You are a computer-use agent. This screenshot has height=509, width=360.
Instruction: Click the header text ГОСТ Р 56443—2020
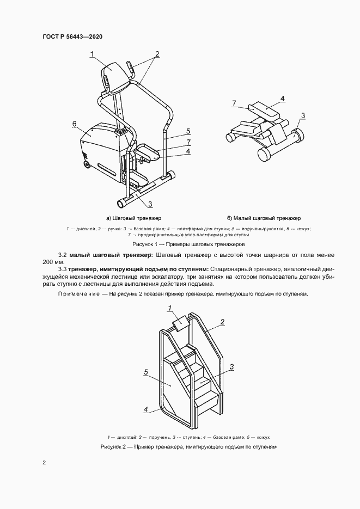point(72,36)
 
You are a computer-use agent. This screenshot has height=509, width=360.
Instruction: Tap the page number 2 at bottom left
point(44,463)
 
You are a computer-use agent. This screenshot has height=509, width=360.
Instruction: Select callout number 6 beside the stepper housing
point(74,124)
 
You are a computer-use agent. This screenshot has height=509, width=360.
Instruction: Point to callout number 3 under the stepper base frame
point(150,204)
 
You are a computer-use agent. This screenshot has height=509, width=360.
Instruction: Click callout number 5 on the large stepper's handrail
point(188,131)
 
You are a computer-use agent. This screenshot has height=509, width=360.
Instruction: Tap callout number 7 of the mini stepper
point(234,103)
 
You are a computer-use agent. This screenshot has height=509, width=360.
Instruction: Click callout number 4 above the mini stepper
point(283,99)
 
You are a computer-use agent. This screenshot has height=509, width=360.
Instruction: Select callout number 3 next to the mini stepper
point(303,115)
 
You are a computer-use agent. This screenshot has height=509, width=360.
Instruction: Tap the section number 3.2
point(63,255)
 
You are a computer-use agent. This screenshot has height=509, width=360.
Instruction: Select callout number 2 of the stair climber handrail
point(222,322)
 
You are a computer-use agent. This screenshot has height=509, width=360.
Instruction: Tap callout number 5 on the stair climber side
point(147,372)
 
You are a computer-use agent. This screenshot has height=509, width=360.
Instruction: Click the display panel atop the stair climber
point(180,326)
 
